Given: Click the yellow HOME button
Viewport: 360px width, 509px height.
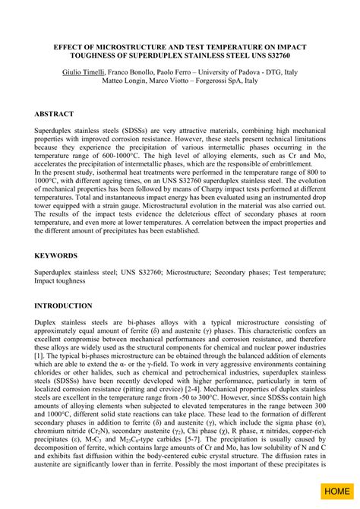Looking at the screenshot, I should coord(336,492).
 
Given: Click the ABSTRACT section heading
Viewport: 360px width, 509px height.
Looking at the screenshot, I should coord(54,113).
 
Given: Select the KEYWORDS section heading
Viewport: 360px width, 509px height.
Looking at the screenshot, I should coord(56,256).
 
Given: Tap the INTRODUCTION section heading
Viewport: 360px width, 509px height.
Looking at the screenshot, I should coord(63,305).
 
